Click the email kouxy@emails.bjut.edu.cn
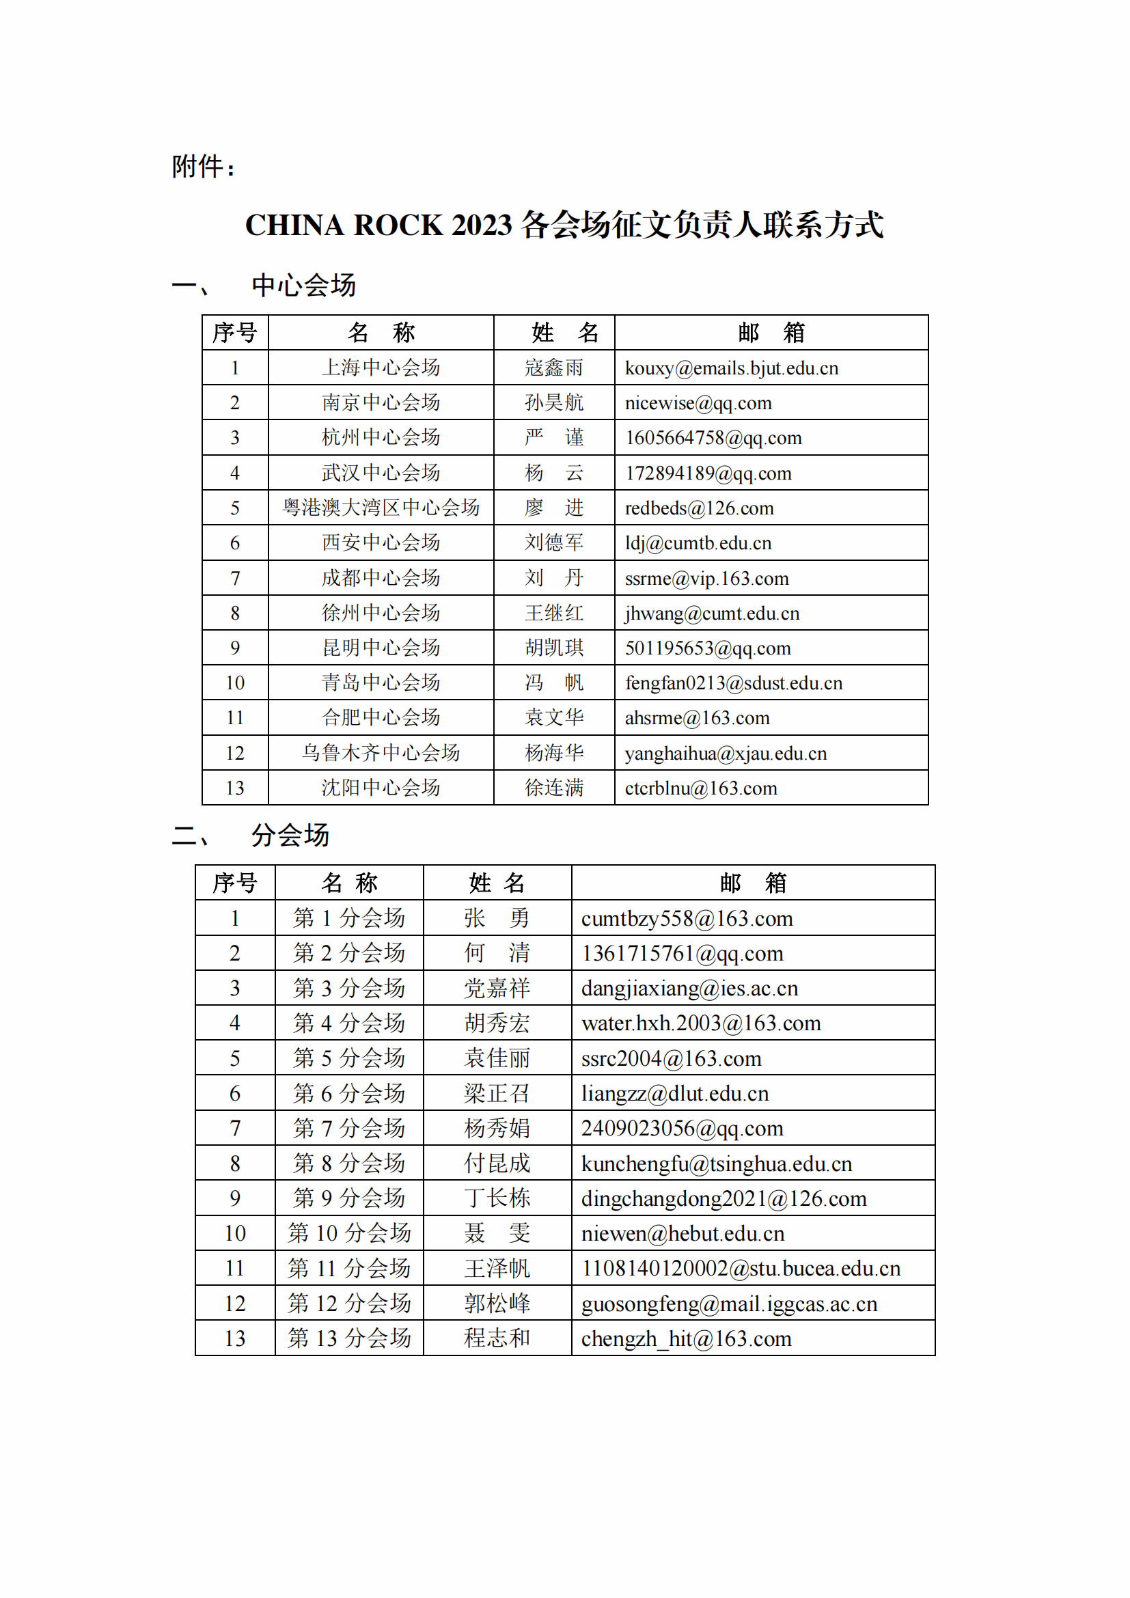pos(731,368)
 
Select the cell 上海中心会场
pos(381,368)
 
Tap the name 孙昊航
pos(554,403)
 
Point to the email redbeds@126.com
pos(699,508)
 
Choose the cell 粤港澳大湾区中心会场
pos(381,508)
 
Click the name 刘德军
pos(554,543)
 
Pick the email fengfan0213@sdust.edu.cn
pos(733,683)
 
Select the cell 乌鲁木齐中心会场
pos(381,752)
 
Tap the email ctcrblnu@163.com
pos(701,788)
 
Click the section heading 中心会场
pos(303,286)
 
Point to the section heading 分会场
pos(290,835)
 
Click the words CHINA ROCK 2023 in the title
pos(378,225)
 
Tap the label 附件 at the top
pos(198,167)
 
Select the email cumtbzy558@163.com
pos(687,919)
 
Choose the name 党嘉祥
pos(497,989)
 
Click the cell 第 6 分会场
pos(349,1093)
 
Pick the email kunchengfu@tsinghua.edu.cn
pos(717,1163)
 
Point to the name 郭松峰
pos(497,1304)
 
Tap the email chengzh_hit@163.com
pos(686,1338)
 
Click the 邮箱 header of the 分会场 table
pos(753,883)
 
